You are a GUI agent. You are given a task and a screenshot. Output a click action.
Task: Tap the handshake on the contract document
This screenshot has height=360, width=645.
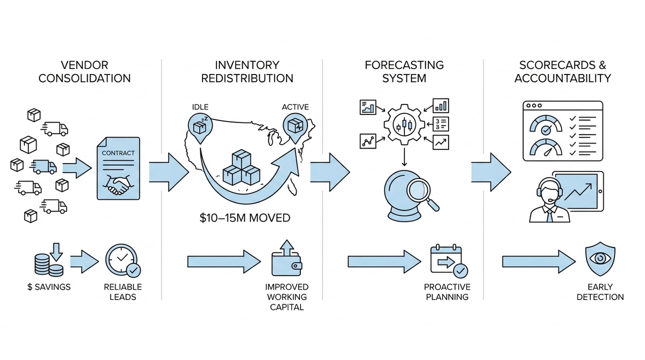(x=116, y=185)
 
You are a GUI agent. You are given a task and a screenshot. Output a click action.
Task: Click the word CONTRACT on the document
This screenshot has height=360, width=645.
(x=118, y=152)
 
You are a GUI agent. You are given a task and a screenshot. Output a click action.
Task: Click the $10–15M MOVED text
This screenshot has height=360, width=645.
(x=244, y=218)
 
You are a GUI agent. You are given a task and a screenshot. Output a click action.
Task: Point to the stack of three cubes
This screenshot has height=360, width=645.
(x=241, y=169)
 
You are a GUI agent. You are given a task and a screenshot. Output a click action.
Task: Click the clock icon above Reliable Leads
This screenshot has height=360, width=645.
(x=121, y=260)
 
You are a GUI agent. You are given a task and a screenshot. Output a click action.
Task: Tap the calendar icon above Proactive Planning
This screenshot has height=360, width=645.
(x=447, y=260)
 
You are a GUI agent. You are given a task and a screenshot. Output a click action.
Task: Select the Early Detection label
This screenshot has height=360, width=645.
(x=600, y=292)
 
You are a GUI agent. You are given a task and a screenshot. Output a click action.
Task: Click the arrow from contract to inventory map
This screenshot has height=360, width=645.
(x=168, y=172)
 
